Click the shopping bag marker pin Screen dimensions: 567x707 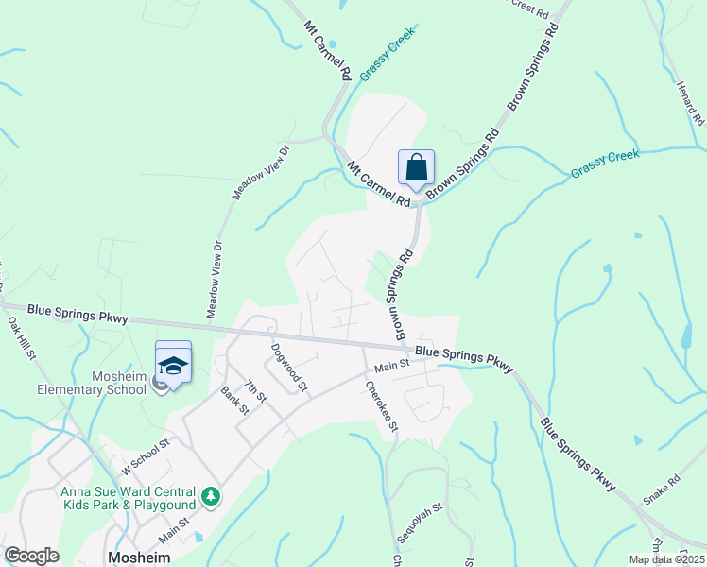pyautogui.click(x=416, y=169)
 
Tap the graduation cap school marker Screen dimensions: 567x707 pyautogui.click(x=173, y=364)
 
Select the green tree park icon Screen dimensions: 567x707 pyautogui.click(x=213, y=495)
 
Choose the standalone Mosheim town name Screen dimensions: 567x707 pyautogui.click(x=139, y=558)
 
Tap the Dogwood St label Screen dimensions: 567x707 pyautogui.click(x=288, y=367)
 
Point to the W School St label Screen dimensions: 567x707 pyautogui.click(x=144, y=455)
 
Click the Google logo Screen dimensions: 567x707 pyautogui.click(x=30, y=556)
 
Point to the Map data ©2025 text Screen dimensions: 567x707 pyautogui.click(x=665, y=559)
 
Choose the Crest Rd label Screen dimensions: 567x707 pyautogui.click(x=529, y=11)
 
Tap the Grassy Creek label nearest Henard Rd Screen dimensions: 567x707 pyautogui.click(x=605, y=163)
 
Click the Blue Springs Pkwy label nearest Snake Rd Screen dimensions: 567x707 pyautogui.click(x=578, y=454)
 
